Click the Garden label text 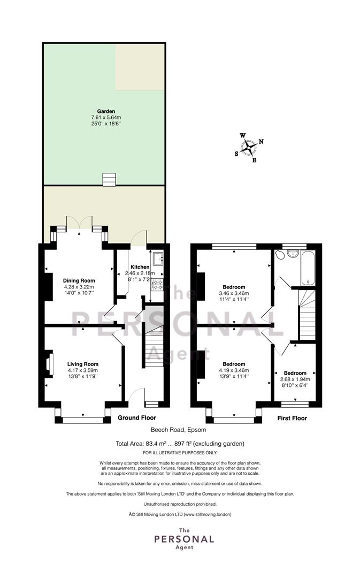(106, 111)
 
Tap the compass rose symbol (249, 148)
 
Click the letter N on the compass (261, 141)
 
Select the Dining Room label (79, 280)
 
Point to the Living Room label (83, 364)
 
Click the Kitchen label (140, 267)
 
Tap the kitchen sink (158, 258)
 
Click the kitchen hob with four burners (158, 284)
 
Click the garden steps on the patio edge (110, 179)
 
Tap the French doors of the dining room (79, 223)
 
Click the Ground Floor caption (137, 417)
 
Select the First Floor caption (292, 418)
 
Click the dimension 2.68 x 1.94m (295, 379)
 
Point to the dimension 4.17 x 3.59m (83, 370)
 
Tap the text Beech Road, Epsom (179, 430)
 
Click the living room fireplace (49, 363)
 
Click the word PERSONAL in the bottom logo (184, 539)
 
